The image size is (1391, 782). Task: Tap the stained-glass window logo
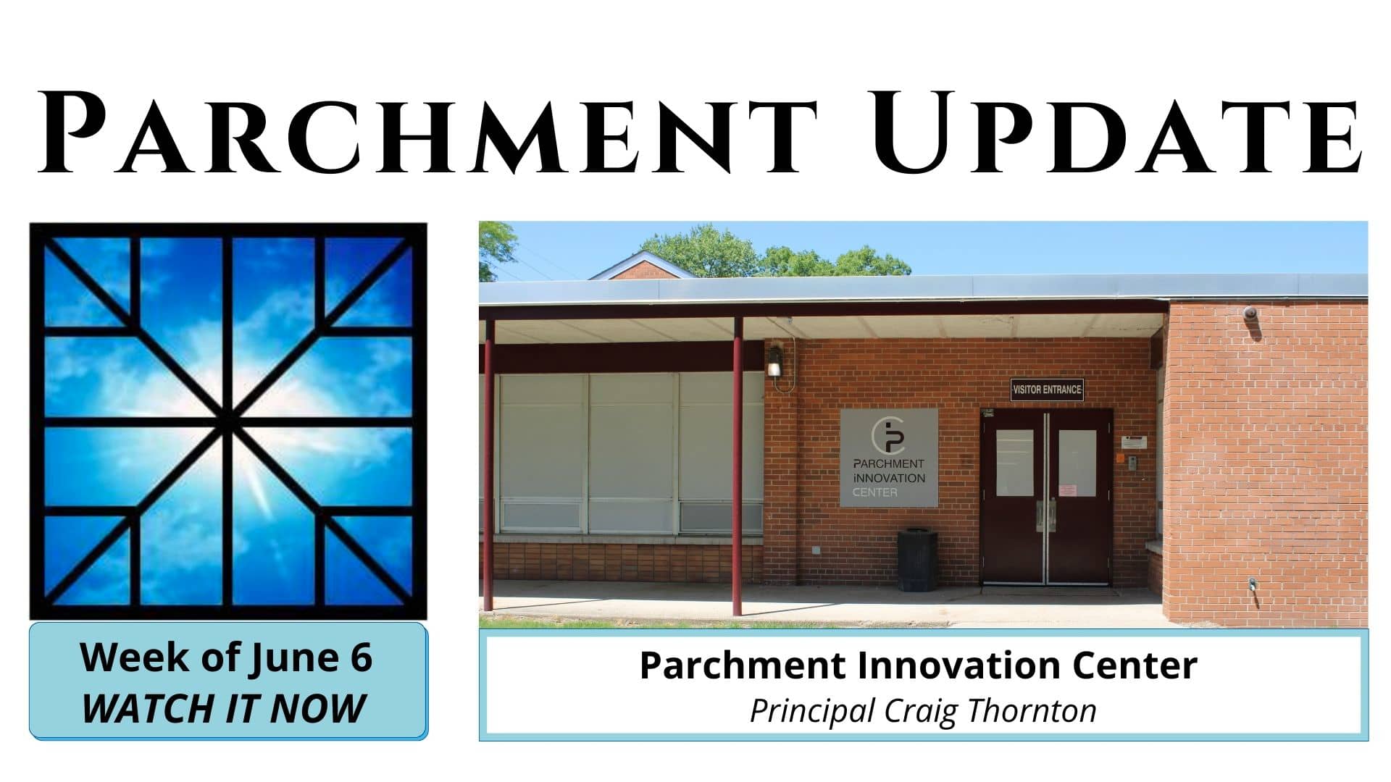228,421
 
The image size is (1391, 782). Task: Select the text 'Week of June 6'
226,657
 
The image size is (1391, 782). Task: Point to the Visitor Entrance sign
1047,390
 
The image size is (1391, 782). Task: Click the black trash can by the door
917,560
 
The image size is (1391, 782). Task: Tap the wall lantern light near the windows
774,361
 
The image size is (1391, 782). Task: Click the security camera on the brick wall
1251,314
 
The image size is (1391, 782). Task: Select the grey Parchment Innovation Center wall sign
889,458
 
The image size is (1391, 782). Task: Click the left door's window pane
1014,463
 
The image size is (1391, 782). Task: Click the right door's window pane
1077,463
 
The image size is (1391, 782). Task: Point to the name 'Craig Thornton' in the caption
996,711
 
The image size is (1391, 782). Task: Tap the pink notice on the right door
1067,490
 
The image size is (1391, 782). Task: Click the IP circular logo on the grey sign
889,435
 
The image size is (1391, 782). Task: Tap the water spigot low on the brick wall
1253,586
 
